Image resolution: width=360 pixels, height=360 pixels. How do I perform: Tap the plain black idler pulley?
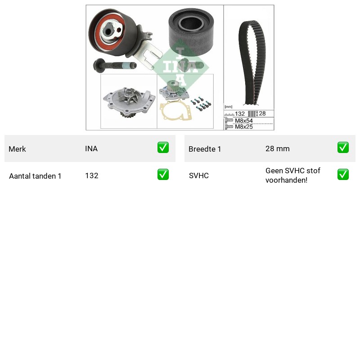coord(191,32)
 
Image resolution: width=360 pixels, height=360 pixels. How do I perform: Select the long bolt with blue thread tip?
coord(115,65)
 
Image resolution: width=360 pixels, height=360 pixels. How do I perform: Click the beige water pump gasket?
coord(175,111)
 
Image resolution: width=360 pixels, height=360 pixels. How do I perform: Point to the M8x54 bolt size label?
coord(243,121)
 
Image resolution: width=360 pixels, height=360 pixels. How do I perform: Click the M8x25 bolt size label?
coord(243,126)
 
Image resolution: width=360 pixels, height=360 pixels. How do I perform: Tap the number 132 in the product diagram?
coord(240,114)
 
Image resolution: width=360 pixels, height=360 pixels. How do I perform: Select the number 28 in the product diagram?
coord(262,113)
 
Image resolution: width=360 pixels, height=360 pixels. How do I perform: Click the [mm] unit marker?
coord(229,107)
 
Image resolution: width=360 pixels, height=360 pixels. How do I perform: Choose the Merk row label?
coord(17,149)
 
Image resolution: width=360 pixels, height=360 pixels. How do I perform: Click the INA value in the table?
coord(91,149)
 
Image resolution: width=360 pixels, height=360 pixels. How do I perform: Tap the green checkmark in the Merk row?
coord(163,148)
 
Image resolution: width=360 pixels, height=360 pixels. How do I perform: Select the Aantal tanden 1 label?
coord(35,176)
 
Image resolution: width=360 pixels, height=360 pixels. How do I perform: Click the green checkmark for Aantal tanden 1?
coord(163,175)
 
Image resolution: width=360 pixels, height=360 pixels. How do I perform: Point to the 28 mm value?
coord(277,149)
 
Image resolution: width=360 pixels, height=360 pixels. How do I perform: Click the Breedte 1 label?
coord(205,149)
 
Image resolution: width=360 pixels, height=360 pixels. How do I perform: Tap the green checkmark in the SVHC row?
coord(343,175)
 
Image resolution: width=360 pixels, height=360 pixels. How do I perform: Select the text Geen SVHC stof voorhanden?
coord(293,175)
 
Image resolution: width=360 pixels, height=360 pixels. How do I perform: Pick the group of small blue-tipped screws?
coord(201,103)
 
